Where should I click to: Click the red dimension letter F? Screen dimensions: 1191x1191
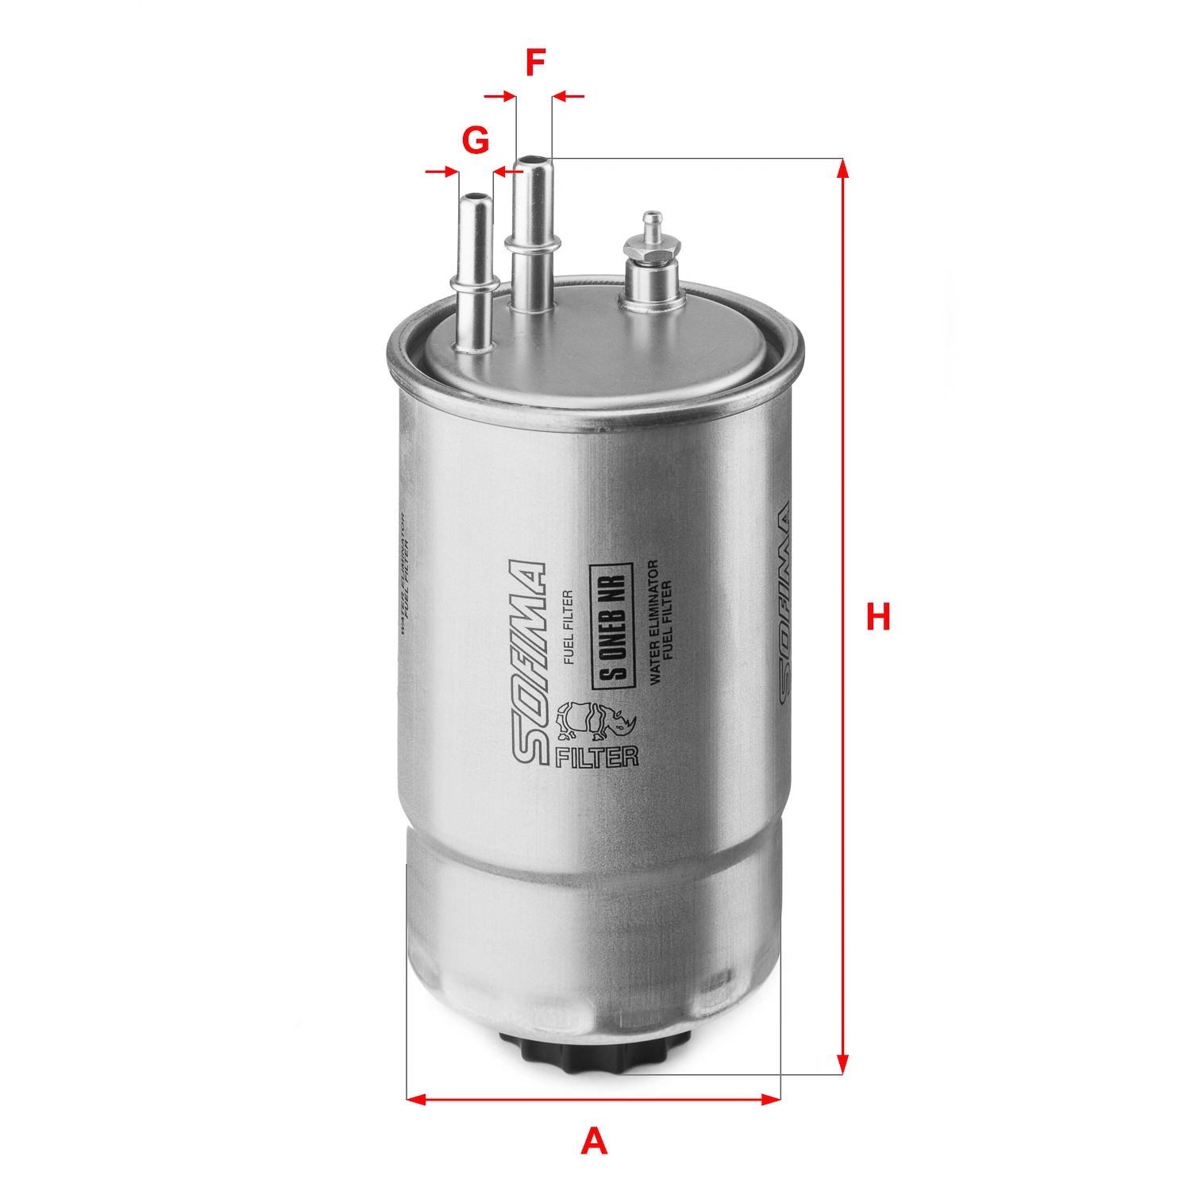tap(536, 63)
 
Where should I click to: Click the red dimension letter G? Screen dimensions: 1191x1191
tap(476, 141)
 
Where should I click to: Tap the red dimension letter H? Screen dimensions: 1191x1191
tap(878, 617)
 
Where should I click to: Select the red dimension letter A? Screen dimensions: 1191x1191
tap(594, 1142)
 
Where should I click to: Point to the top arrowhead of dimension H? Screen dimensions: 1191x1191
tap(843, 168)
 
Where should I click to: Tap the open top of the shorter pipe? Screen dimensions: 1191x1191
tap(475, 195)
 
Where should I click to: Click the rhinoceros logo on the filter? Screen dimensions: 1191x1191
tap(595, 719)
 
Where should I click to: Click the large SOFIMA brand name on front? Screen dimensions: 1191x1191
tap(526, 663)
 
